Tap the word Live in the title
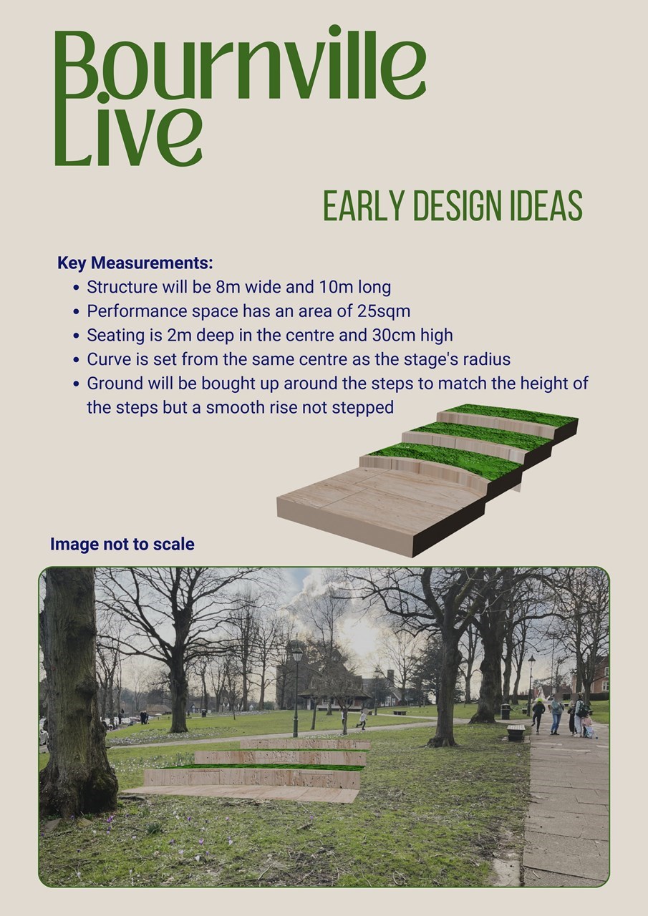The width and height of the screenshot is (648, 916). coord(128,132)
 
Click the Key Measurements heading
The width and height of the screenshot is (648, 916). coord(135,263)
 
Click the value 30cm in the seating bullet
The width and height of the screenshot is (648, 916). coord(394,335)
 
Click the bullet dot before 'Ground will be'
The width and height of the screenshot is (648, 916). coord(76,384)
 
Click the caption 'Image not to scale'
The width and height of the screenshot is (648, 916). coord(122,544)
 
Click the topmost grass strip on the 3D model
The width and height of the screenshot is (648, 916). coord(511,414)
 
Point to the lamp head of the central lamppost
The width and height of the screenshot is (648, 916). coord(296,654)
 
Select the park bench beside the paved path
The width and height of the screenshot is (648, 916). coord(516,732)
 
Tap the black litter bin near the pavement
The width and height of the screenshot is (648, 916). coord(506,711)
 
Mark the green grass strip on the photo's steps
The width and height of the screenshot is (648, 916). coord(262,766)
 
